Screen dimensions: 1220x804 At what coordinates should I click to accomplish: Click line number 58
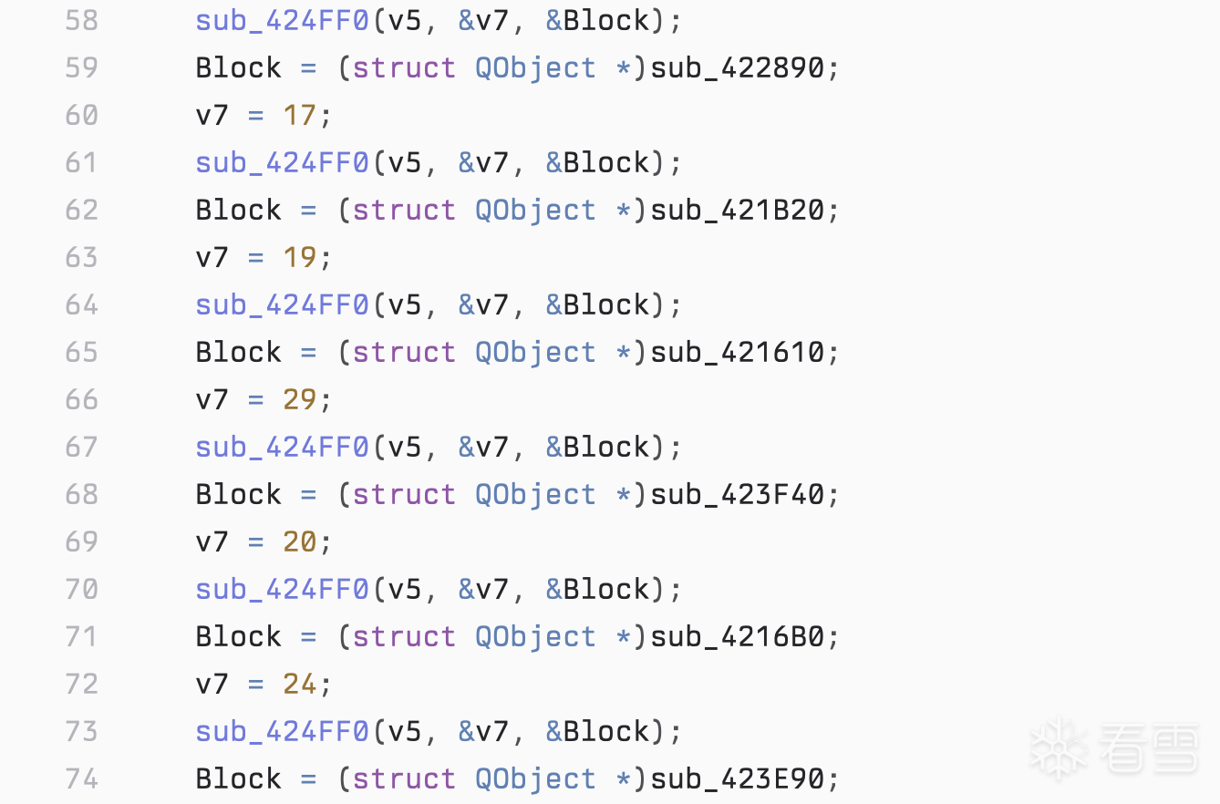(82, 21)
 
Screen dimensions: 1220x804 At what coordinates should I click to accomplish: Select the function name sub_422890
(738, 68)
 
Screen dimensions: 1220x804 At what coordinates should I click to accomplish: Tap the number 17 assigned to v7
(299, 116)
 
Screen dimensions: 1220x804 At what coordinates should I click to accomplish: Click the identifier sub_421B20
(738, 211)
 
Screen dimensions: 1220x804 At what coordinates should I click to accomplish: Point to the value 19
(299, 257)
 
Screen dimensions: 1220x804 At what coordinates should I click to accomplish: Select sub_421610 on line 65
(738, 352)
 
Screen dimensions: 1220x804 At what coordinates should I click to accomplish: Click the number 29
(299, 399)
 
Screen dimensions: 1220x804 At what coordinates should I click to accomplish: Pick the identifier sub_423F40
(738, 494)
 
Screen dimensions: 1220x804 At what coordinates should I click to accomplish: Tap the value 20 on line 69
(299, 541)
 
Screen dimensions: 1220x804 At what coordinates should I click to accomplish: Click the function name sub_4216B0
(738, 636)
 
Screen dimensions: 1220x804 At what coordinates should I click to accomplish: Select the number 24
(299, 684)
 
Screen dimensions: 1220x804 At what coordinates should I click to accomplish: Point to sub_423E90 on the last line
(738, 778)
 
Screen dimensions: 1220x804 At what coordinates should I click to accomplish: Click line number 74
(82, 778)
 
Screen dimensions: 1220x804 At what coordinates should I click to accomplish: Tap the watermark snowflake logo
(1059, 748)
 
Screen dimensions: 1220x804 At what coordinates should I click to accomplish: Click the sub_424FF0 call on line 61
(282, 163)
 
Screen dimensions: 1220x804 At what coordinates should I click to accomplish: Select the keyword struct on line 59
(404, 68)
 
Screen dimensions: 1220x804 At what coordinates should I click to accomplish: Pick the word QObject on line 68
(535, 495)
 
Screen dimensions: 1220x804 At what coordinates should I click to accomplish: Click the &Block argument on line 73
(597, 731)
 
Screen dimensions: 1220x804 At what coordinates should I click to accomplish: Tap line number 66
(82, 399)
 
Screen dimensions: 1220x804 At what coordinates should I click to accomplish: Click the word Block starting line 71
(239, 636)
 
